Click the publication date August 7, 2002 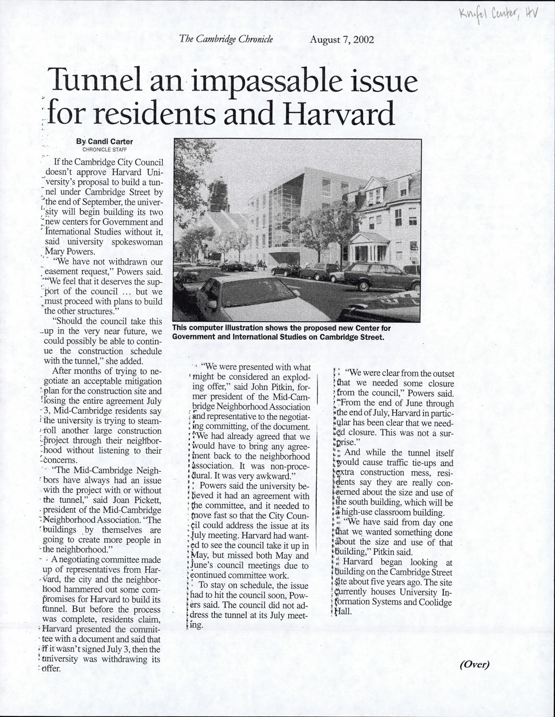[x=341, y=40]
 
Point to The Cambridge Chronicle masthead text [x=226, y=39]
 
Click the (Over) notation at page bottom [x=475, y=663]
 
